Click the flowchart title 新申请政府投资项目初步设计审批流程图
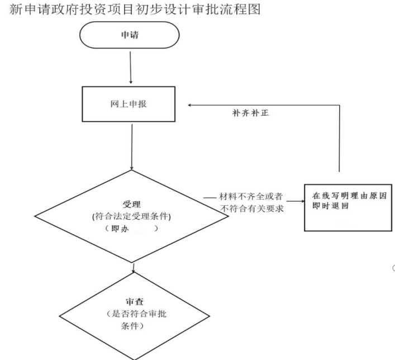point(135,10)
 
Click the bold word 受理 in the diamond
point(131,204)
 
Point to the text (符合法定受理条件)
point(131,216)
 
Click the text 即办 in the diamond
point(120,229)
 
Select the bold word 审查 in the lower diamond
point(135,301)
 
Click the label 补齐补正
point(250,113)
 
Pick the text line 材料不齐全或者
point(251,196)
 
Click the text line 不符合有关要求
point(252,209)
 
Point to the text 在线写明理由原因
point(349,196)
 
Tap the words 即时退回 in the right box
point(331,206)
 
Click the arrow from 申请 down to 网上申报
point(131,68)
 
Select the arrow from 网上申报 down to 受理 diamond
point(132,147)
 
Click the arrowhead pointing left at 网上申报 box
point(189,105)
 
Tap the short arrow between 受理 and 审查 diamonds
point(134,268)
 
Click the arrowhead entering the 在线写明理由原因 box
point(303,201)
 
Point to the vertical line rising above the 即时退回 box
point(340,139)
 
